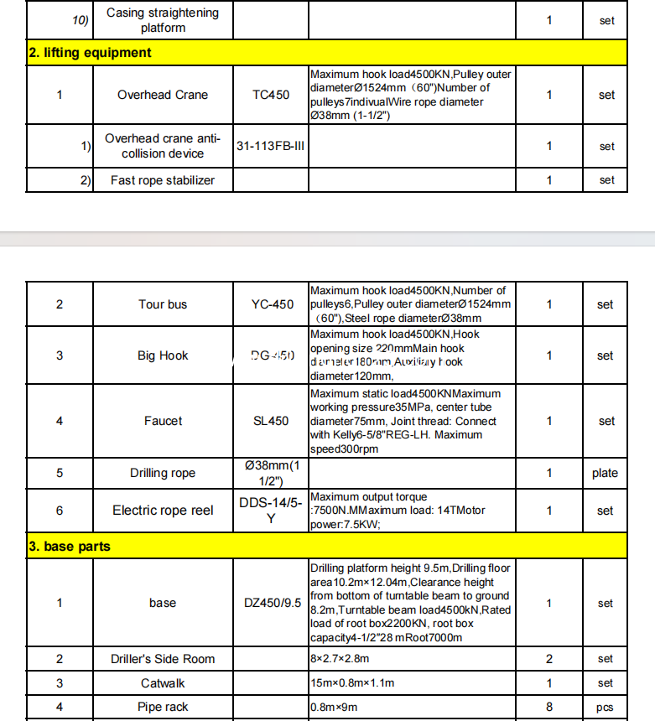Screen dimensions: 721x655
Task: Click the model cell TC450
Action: (x=271, y=95)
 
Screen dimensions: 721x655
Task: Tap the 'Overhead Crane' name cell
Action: (x=163, y=95)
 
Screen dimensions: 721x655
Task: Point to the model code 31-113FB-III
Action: (x=271, y=146)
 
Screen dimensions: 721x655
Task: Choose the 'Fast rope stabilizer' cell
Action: (x=163, y=180)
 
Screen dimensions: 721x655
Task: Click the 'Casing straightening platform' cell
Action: (x=163, y=20)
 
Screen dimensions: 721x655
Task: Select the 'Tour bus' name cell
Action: (x=163, y=304)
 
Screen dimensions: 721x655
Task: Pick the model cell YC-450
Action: (x=272, y=304)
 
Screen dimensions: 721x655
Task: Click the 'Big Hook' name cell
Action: (x=163, y=355)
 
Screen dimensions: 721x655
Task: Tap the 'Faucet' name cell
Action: (x=163, y=421)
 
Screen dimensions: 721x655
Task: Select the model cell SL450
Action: (x=272, y=421)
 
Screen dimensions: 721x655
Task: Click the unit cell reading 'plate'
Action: (x=605, y=473)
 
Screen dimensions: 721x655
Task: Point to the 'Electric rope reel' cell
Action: (x=163, y=511)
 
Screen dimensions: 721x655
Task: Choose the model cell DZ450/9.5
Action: (x=272, y=603)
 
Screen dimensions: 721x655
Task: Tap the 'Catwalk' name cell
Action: (x=163, y=683)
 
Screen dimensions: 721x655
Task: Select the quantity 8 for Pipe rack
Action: (x=549, y=708)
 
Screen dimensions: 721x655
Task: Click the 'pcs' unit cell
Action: (x=605, y=708)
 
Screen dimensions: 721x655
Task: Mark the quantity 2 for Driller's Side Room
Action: (x=549, y=659)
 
